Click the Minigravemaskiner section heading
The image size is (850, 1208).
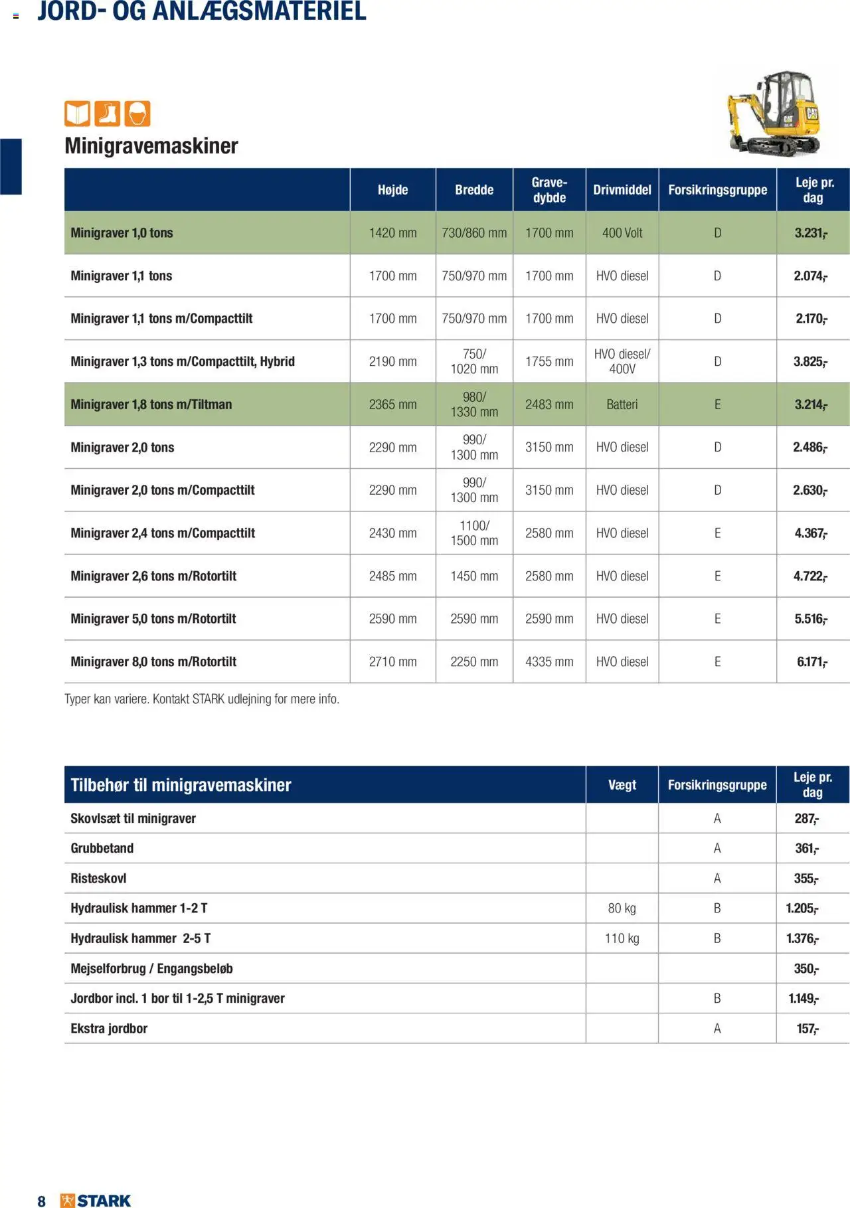(151, 145)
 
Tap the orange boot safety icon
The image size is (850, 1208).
(108, 114)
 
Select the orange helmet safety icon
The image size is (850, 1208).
(137, 114)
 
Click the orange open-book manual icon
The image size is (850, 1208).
(77, 114)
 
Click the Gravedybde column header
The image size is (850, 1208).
(549, 190)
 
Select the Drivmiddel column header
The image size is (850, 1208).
(622, 190)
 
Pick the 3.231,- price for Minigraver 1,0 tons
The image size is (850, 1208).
(811, 233)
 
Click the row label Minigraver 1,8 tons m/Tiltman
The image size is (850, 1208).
(151, 404)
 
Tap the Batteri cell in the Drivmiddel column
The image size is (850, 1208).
(622, 404)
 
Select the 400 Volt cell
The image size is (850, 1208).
(622, 233)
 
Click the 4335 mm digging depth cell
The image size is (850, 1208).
(549, 662)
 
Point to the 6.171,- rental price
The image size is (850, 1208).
(811, 662)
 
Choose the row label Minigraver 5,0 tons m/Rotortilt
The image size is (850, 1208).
(153, 619)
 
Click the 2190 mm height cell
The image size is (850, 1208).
(392, 361)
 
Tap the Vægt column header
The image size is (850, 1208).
(622, 785)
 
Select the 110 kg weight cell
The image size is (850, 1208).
(622, 938)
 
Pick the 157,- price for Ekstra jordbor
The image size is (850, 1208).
(807, 1029)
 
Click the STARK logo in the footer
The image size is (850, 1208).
(96, 1200)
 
